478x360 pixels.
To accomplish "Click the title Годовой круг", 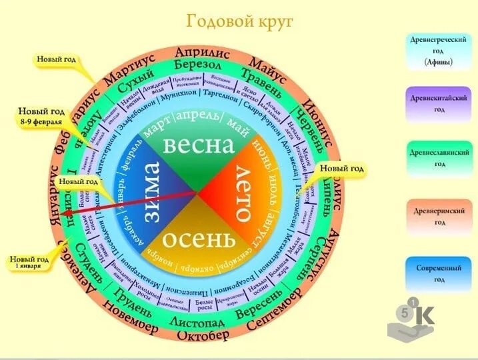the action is pyautogui.click(x=239, y=21).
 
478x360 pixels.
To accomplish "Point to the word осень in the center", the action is pyautogui.click(x=199, y=239).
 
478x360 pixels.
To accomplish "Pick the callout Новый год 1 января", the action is pyautogui.click(x=31, y=262).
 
